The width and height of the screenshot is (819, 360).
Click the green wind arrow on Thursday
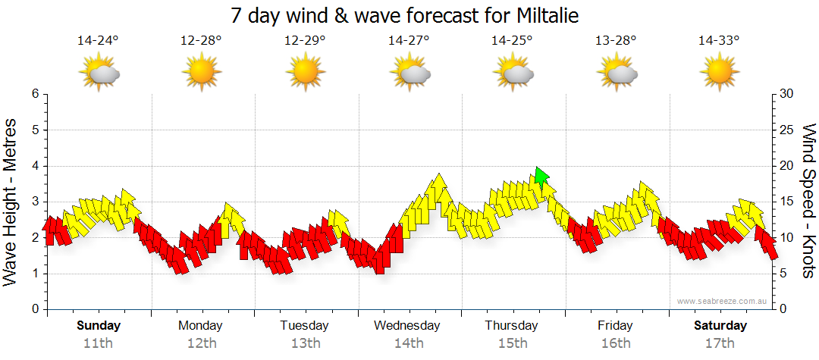541,177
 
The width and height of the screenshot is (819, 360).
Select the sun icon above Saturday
719,74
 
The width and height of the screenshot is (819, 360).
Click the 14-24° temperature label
98,41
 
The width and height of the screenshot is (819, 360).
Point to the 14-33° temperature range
719,41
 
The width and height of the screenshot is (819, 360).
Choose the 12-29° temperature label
305,41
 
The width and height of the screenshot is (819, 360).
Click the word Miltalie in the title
545,16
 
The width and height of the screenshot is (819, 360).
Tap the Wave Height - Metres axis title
11,202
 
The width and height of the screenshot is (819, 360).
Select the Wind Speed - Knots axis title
808,202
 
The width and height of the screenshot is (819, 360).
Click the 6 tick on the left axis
34,94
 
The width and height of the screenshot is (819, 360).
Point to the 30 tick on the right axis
786,94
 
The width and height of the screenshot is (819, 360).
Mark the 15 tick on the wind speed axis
786,202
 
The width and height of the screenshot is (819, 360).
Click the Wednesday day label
407,326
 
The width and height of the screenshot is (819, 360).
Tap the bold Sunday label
99,326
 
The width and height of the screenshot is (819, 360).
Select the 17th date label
720,343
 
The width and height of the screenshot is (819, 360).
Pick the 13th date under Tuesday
305,343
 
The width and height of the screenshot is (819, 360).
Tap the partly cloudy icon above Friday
616,74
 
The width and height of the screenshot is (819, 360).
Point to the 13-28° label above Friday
616,41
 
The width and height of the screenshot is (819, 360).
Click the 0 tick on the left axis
34,309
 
